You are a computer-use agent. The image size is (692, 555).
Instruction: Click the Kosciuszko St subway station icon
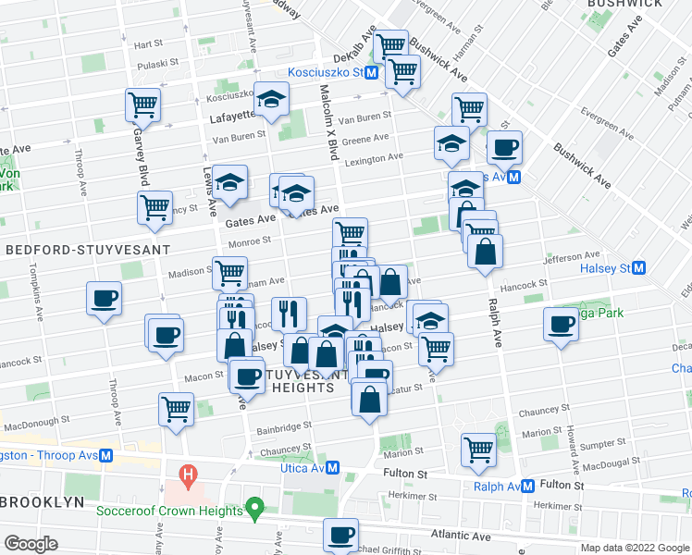pyautogui.click(x=372, y=72)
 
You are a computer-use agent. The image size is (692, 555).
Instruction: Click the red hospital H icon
pyautogui.click(x=189, y=478)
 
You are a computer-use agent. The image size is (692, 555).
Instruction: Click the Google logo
pyautogui.click(x=31, y=543)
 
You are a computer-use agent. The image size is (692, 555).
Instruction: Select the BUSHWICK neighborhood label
pyautogui.click(x=625, y=4)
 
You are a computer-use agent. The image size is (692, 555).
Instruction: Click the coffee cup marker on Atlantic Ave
pyautogui.click(x=340, y=534)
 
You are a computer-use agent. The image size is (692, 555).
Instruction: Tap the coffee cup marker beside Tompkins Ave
pyautogui.click(x=104, y=298)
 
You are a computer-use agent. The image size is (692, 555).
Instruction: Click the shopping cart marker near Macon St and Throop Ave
pyautogui.click(x=176, y=408)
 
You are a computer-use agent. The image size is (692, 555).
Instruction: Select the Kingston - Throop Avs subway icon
pyautogui.click(x=106, y=455)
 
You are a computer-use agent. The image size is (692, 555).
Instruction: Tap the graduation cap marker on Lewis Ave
pyautogui.click(x=229, y=180)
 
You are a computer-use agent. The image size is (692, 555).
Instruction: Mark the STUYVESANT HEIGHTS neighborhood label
pyautogui.click(x=303, y=381)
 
